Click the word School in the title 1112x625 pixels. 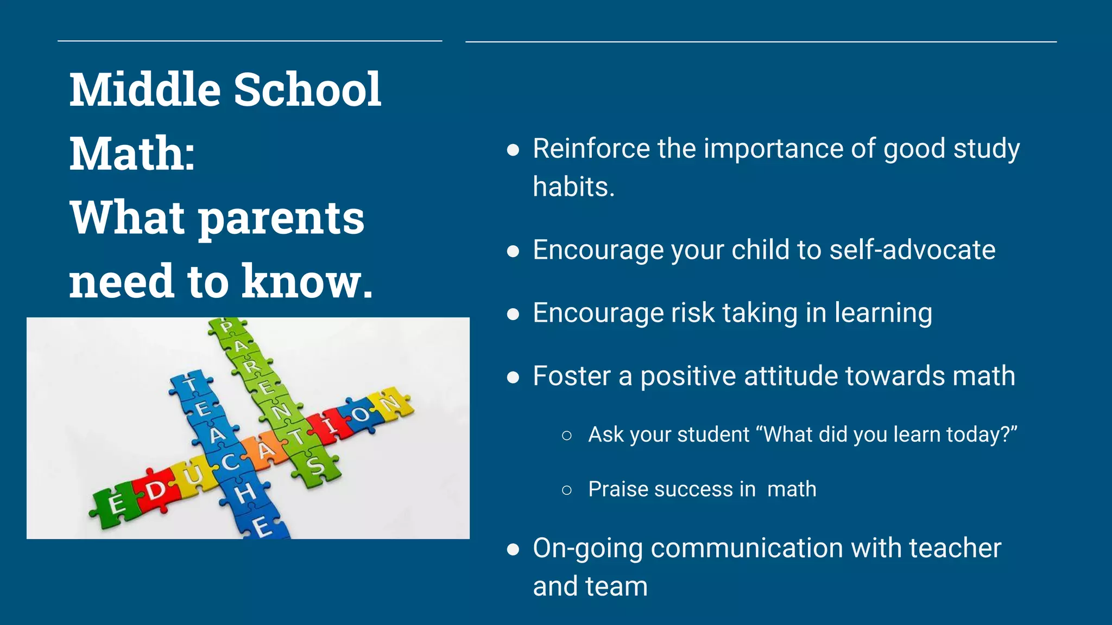(307, 90)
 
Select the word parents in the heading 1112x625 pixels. (281, 218)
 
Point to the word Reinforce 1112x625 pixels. (591, 149)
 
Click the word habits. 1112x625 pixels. (573, 187)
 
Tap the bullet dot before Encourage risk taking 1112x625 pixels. (513, 314)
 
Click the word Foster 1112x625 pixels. (571, 376)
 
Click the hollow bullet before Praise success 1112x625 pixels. (567, 490)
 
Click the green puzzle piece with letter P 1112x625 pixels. (226, 327)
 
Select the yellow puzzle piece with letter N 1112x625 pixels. (389, 404)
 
